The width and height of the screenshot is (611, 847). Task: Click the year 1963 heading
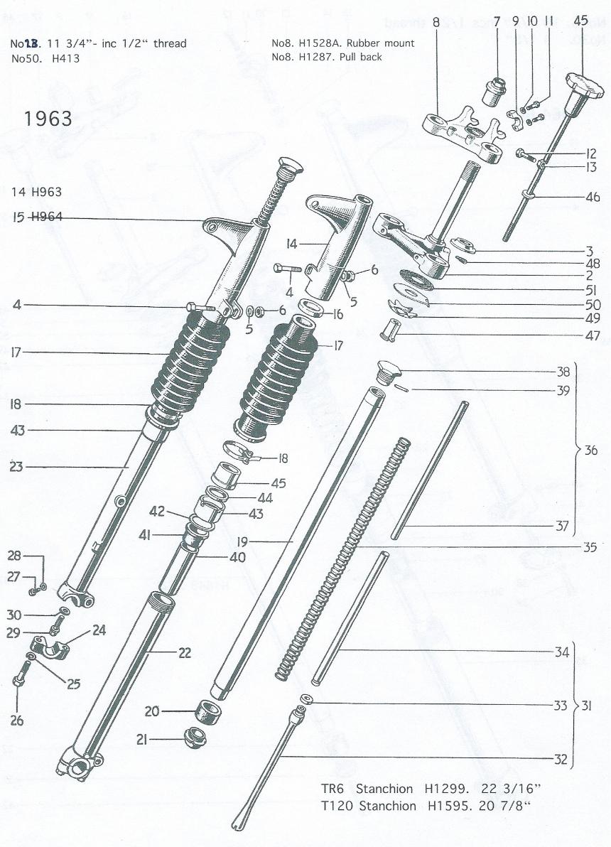pyautogui.click(x=48, y=119)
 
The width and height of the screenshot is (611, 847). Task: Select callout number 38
pyautogui.click(x=563, y=371)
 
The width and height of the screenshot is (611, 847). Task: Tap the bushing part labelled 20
pyautogui.click(x=209, y=708)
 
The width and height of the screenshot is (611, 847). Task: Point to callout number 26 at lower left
pyautogui.click(x=16, y=721)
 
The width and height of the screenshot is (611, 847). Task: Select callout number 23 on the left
pyautogui.click(x=17, y=467)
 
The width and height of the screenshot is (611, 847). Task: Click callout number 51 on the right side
pyautogui.click(x=590, y=290)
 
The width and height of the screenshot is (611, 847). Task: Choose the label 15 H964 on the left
pyautogui.click(x=37, y=217)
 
